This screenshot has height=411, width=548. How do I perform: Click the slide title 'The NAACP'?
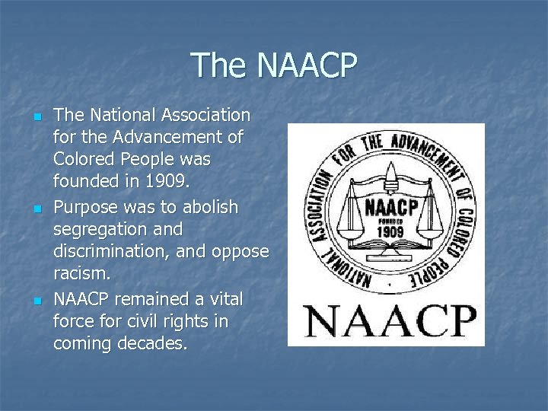pyautogui.click(x=273, y=65)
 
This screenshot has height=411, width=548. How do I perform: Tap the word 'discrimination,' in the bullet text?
pyautogui.click(x=112, y=252)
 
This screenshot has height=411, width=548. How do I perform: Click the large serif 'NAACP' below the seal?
pyautogui.click(x=390, y=320)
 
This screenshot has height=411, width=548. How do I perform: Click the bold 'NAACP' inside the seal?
pyautogui.click(x=390, y=207)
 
